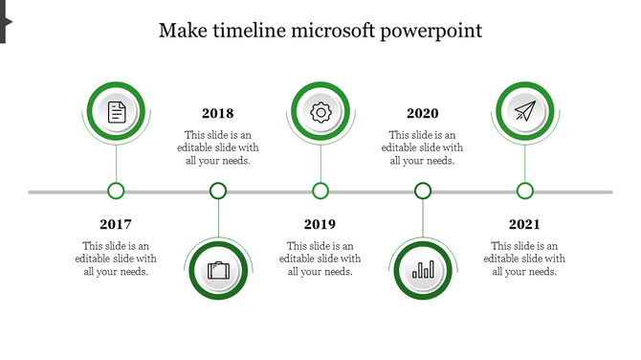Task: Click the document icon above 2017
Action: [116, 112]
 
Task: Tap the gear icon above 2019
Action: [320, 112]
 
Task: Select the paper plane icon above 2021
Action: [524, 112]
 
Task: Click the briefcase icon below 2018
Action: [218, 271]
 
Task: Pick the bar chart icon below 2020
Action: [423, 271]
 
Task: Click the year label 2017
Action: [116, 224]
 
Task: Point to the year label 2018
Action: [218, 113]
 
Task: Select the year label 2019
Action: [320, 224]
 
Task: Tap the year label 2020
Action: [423, 113]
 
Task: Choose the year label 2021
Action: [524, 224]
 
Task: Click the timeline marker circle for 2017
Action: [116, 191]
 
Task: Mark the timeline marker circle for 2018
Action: [218, 191]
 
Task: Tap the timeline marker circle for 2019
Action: [320, 191]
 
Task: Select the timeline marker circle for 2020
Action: [423, 191]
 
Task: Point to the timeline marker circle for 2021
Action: [524, 191]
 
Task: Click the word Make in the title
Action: [180, 31]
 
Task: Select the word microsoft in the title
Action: [331, 31]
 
